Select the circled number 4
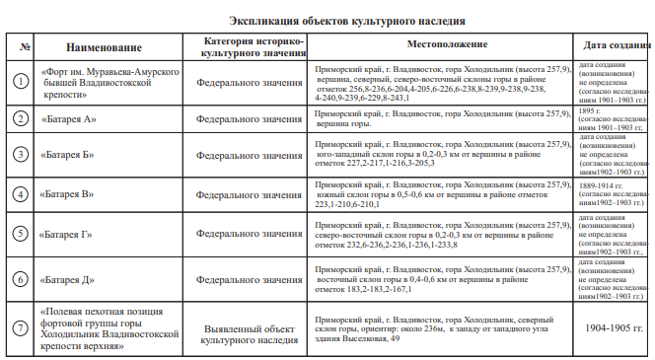click(21, 192)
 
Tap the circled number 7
click(21, 327)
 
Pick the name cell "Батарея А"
click(69, 118)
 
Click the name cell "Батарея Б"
click(69, 155)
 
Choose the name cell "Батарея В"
click(69, 193)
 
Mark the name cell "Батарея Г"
click(68, 235)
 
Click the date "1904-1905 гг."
click(615, 326)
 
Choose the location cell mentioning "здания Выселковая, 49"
click(442, 328)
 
